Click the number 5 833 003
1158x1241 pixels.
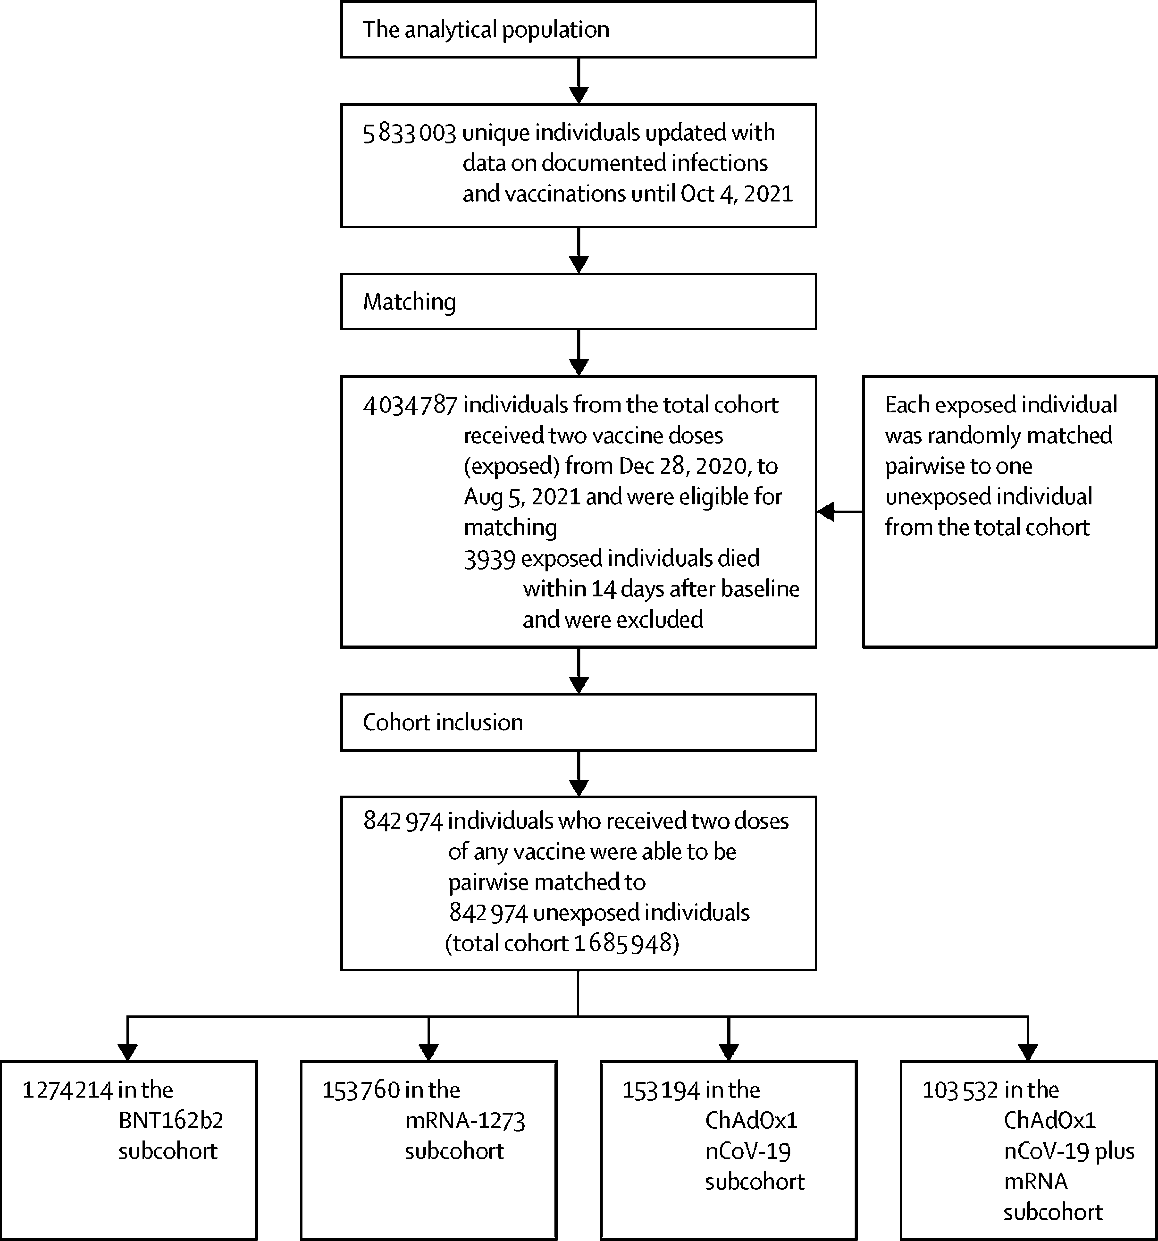(x=410, y=133)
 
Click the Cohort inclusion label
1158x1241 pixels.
(x=443, y=722)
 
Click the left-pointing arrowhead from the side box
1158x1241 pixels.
(x=825, y=512)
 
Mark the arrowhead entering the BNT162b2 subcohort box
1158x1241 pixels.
(x=127, y=1052)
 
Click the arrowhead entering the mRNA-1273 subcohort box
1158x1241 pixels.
(x=428, y=1052)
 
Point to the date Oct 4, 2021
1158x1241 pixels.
(x=737, y=194)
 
